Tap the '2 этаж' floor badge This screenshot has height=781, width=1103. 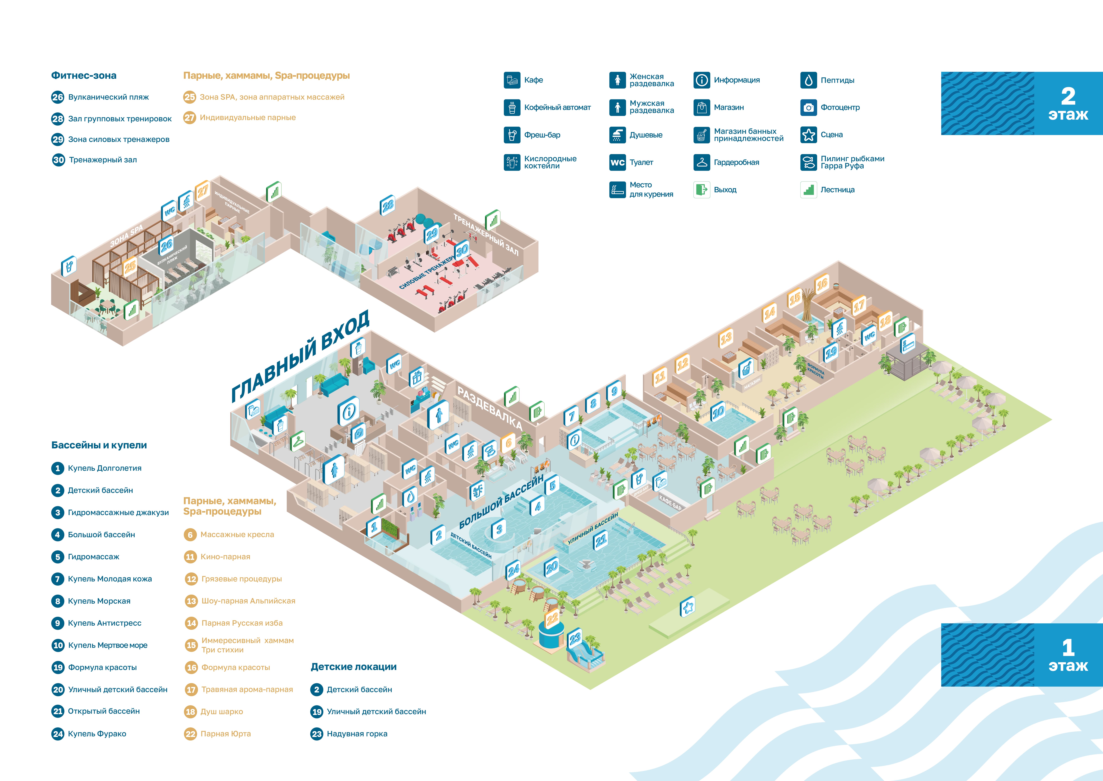point(1022,103)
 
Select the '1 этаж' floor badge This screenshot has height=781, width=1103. point(1022,655)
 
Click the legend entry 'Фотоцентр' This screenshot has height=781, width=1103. point(830,107)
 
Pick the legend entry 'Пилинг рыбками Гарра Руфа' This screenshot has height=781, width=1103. point(842,162)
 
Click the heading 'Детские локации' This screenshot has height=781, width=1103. point(354,666)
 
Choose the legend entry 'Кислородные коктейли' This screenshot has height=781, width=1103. point(540,162)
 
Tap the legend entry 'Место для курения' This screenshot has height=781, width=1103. point(641,189)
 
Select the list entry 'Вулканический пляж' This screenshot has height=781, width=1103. point(100,97)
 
